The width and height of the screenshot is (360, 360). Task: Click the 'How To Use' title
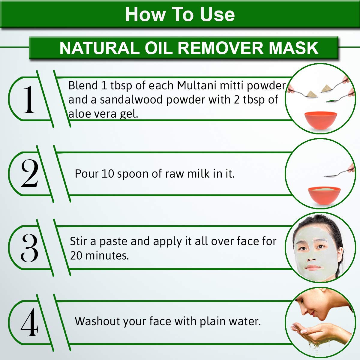click(180, 15)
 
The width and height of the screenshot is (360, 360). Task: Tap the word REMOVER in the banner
click(221, 48)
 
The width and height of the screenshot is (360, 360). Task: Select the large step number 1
click(29, 99)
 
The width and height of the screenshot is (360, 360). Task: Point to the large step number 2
click(29, 173)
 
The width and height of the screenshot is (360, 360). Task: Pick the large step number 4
click(29, 322)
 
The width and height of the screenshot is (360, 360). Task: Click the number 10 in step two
click(108, 174)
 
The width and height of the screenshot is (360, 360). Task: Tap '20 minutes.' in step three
click(99, 256)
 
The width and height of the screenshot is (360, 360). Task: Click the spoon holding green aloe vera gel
click(338, 98)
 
